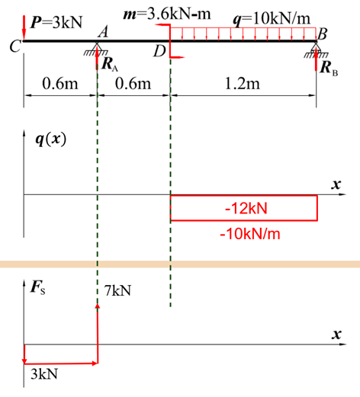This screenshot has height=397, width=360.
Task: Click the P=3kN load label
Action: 56,22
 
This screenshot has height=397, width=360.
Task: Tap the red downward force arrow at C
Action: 24,27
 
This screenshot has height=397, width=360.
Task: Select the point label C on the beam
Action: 15,46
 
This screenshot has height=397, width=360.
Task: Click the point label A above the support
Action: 103,32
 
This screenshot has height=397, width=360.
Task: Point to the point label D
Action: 159,51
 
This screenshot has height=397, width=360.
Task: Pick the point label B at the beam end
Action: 322,34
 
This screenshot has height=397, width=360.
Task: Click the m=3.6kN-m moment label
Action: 167,14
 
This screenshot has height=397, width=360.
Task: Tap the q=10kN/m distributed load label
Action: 272,20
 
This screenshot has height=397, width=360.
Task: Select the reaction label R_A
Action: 110,65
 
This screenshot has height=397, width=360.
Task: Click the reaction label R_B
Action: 329,69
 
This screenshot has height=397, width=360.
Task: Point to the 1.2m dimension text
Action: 243,84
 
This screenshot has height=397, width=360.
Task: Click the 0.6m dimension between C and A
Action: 60,84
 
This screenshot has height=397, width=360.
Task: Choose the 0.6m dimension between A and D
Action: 133,84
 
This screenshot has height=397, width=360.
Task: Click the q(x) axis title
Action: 51,139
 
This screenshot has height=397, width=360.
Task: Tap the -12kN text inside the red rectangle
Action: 246,209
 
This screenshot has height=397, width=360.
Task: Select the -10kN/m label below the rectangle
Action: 250,234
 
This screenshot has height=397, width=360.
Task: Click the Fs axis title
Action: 37,288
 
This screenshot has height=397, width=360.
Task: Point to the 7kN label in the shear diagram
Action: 117,291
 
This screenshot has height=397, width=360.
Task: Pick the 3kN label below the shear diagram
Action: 44,374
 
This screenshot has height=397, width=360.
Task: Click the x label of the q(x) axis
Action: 336,184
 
